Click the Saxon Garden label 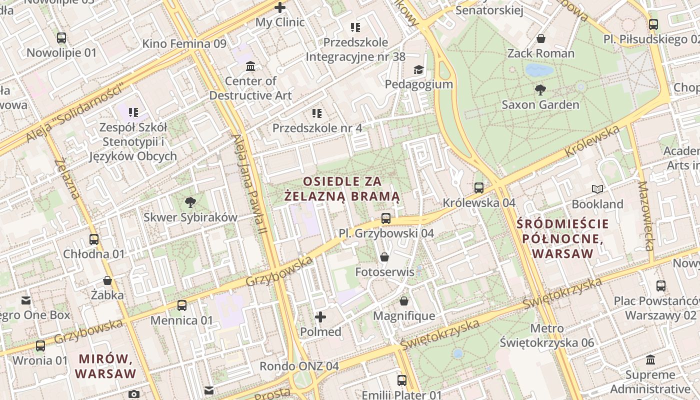click(x=540, y=104)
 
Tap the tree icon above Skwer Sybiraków click(x=190, y=202)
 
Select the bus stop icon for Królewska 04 click(x=479, y=188)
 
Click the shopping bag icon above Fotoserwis click(x=384, y=257)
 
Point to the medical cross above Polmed click(x=320, y=317)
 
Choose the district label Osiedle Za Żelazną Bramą click(x=342, y=188)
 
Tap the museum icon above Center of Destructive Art click(x=250, y=66)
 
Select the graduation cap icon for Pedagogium click(x=418, y=69)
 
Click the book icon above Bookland click(x=597, y=189)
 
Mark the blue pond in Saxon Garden click(x=539, y=69)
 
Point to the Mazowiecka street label click(x=646, y=215)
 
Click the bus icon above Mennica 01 click(x=182, y=305)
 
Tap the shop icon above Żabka click(x=107, y=280)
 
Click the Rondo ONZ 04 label click(x=299, y=366)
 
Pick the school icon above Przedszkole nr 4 click(x=316, y=113)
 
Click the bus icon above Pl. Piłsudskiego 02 click(x=653, y=24)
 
